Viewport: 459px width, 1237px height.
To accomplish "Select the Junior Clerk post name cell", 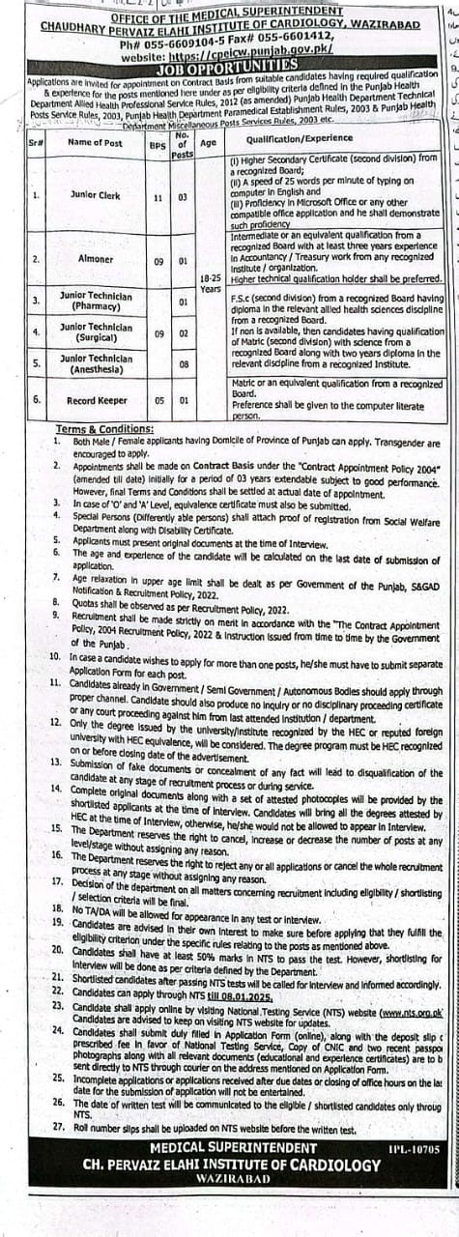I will [x=96, y=194].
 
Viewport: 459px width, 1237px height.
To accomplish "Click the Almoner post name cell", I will [x=96, y=260].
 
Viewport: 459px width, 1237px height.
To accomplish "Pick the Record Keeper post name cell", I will [x=96, y=398].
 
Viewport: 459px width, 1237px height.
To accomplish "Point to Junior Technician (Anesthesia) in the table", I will [x=96, y=363].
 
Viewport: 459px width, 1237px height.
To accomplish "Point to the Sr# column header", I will [x=36, y=143].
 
